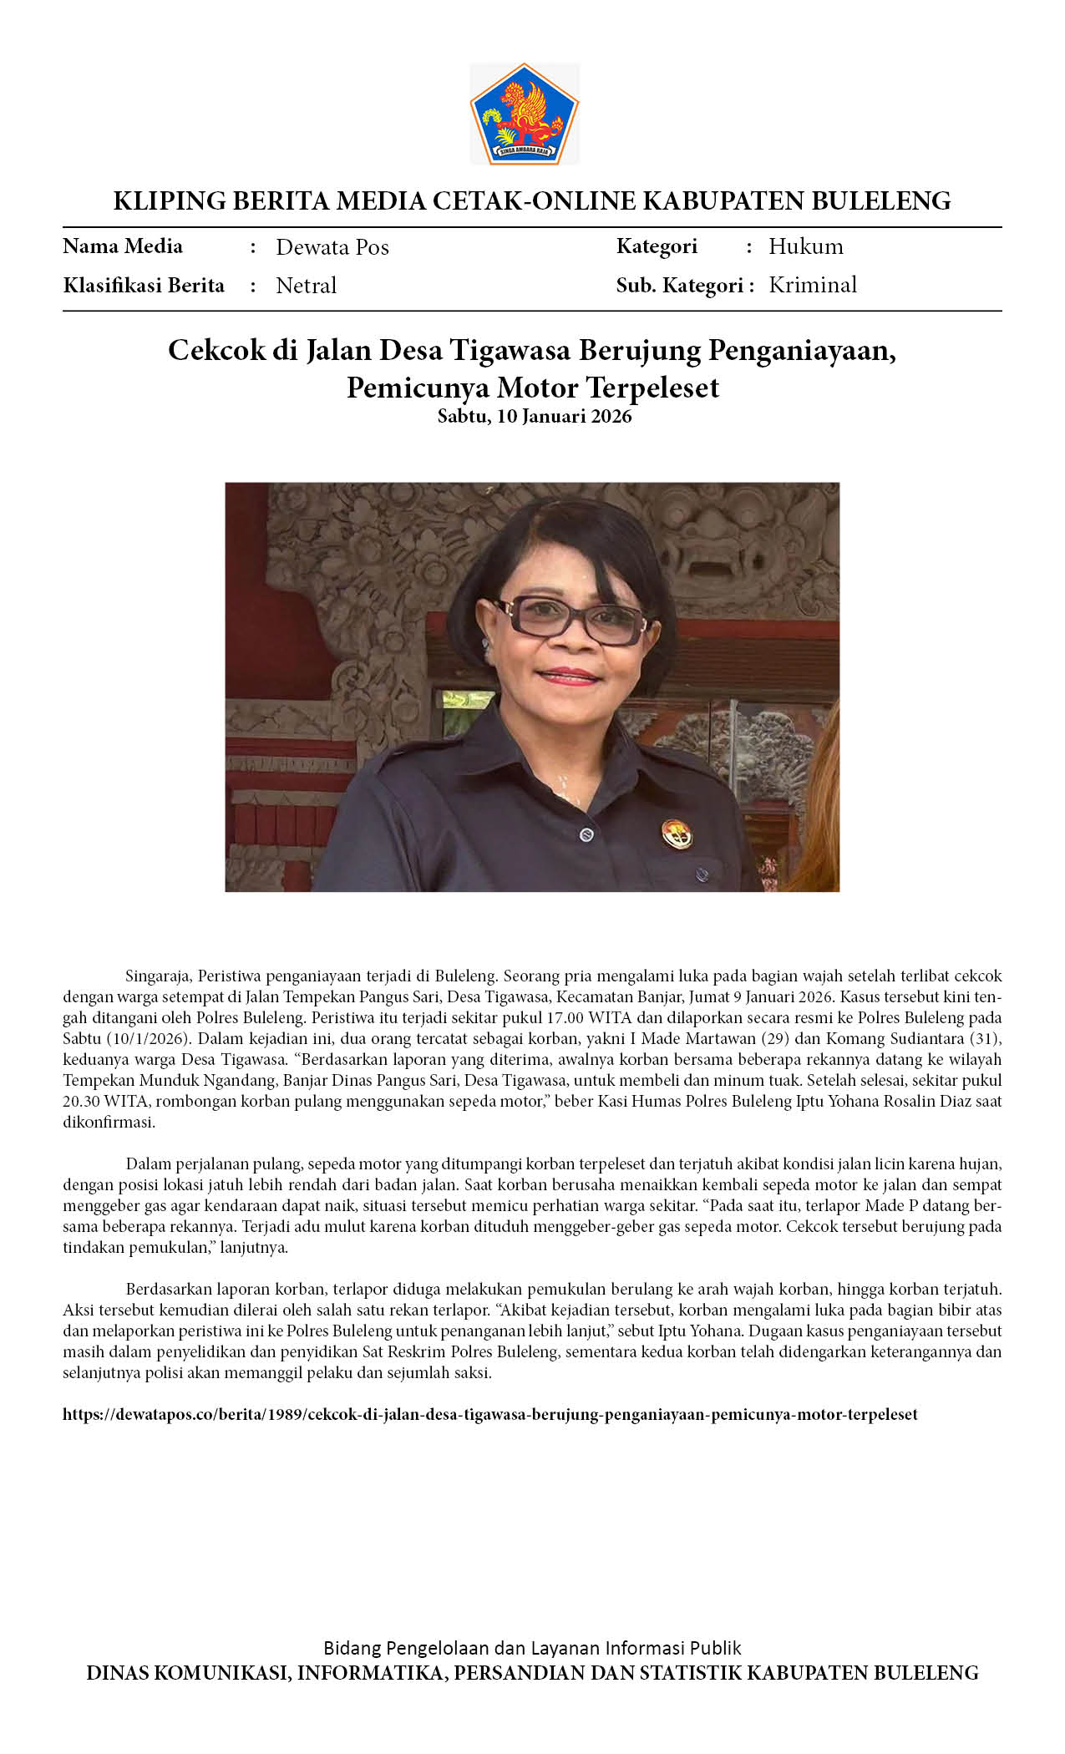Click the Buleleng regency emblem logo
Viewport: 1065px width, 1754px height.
[524, 114]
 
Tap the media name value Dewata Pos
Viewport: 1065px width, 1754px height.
[332, 247]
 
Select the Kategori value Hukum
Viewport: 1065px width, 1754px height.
[806, 246]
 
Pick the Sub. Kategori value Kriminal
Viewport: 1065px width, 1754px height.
[813, 285]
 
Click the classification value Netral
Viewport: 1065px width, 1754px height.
[306, 286]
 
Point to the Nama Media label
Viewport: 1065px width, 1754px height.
[123, 246]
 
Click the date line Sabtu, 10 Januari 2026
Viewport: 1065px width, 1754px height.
[535, 416]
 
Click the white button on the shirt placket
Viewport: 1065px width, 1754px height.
[586, 834]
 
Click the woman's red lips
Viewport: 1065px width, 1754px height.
[568, 676]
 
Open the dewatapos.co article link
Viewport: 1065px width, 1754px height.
[490, 1414]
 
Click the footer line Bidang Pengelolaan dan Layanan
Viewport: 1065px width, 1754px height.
[532, 1647]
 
